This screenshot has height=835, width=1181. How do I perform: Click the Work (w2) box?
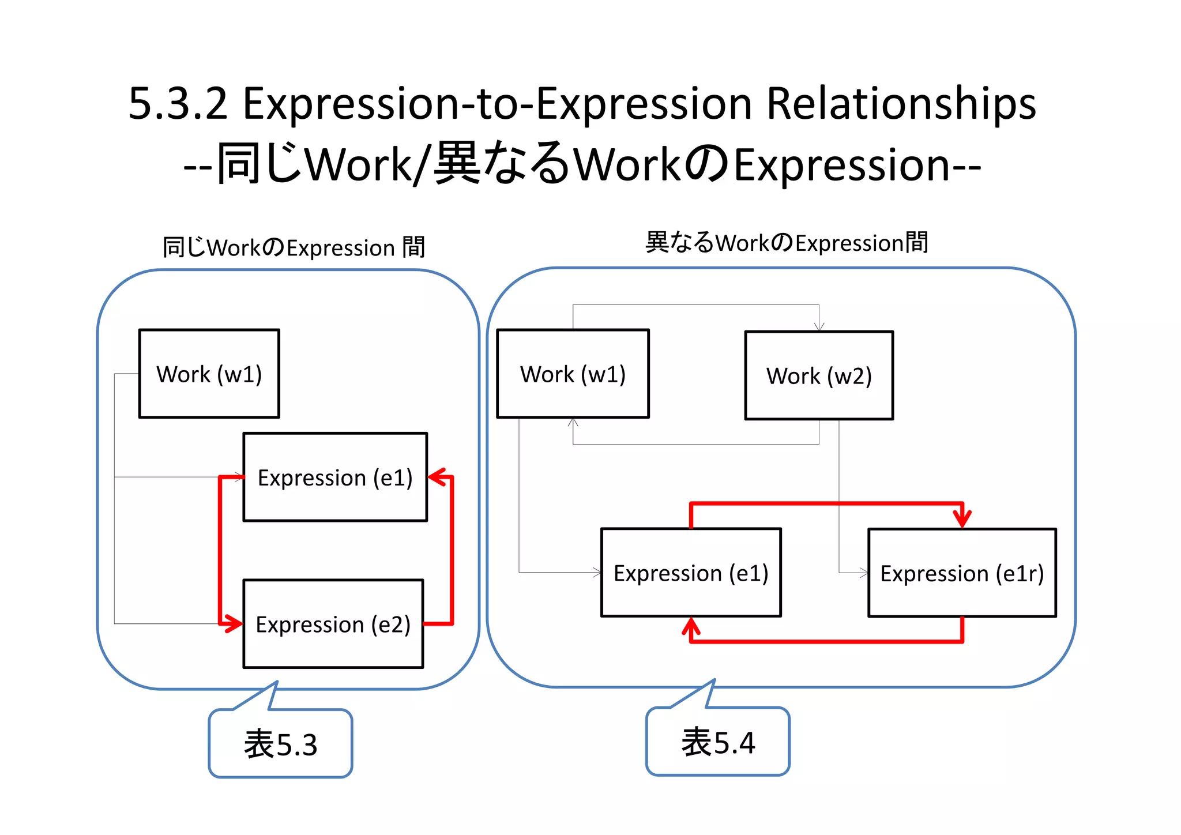click(819, 375)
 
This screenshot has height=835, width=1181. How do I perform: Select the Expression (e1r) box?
click(962, 573)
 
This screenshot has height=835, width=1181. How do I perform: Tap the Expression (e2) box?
click(333, 624)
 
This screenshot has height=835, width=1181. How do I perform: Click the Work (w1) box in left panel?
click(209, 374)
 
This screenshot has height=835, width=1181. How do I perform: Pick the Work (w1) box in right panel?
click(573, 374)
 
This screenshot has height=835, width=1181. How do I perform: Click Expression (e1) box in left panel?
click(335, 477)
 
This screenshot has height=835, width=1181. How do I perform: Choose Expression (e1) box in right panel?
click(691, 573)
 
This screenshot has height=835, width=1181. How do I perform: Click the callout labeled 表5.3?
click(280, 743)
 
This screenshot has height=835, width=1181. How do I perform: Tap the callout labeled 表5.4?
click(718, 742)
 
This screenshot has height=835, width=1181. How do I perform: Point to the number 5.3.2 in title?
click(178, 104)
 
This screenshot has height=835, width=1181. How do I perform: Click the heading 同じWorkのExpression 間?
click(294, 247)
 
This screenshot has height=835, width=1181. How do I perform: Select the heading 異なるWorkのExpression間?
click(787, 242)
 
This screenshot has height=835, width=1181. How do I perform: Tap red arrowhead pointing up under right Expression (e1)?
click(691, 626)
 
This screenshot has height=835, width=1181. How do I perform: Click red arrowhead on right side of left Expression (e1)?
click(437, 477)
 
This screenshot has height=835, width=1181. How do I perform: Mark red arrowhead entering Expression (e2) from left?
click(234, 623)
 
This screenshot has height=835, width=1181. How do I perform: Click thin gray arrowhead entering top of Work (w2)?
click(819, 327)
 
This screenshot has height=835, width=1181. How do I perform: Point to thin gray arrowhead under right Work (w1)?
click(573, 423)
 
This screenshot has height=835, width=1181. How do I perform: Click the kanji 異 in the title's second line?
click(457, 164)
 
